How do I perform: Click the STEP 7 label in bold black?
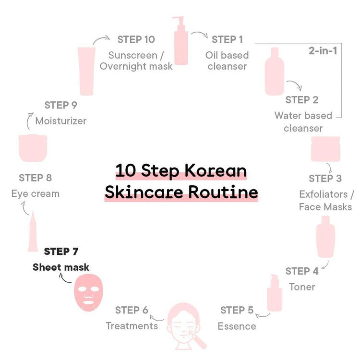tap(61, 251)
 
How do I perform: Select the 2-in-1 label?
tap(322, 50)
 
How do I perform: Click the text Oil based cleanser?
tap(227, 60)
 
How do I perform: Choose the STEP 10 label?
tap(136, 39)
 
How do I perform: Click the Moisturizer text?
tap(61, 120)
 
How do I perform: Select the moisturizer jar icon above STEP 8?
tap(33, 148)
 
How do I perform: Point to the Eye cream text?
tap(36, 193)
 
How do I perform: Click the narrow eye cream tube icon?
tap(33, 232)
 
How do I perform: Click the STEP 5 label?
tap(237, 310)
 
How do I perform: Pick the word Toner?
tap(302, 287)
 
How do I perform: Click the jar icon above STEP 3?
tap(325, 149)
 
